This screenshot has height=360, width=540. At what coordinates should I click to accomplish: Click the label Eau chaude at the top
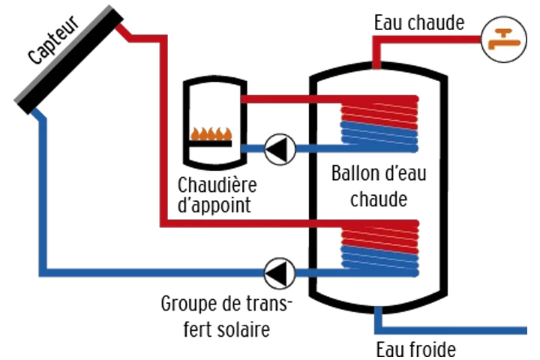[419, 23]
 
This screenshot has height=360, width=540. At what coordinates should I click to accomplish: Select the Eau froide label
[415, 349]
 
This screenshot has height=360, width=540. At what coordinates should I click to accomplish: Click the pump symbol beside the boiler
[280, 148]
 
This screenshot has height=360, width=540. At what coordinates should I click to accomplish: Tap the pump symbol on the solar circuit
[280, 269]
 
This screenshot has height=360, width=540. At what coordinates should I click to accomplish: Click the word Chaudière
[217, 184]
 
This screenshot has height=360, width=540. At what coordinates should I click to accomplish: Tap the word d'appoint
[214, 205]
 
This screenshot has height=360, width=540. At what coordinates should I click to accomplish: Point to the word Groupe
[188, 306]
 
